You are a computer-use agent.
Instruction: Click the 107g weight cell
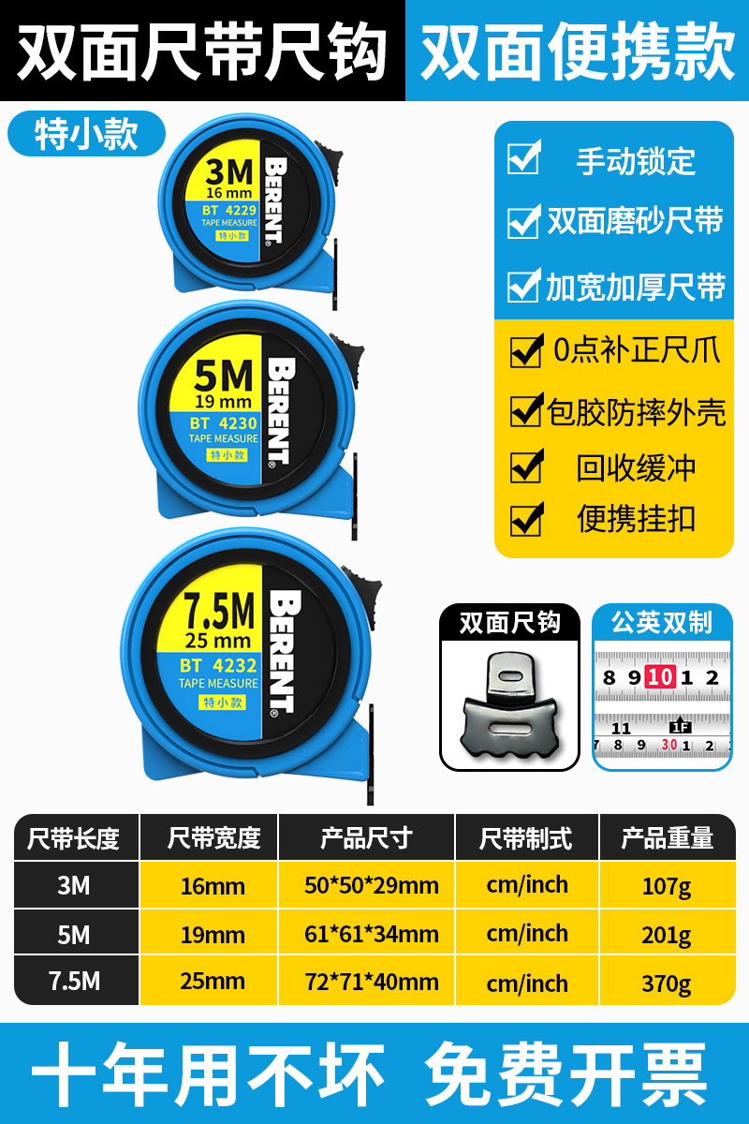pyautogui.click(x=667, y=885)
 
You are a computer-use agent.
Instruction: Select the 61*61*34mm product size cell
pyautogui.click(x=372, y=934)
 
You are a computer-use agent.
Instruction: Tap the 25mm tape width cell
pyautogui.click(x=213, y=982)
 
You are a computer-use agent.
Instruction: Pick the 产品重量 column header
pyautogui.click(x=667, y=837)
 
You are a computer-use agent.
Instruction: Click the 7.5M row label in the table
pyautogui.click(x=74, y=982)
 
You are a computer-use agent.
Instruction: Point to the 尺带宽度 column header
pyautogui.click(x=213, y=837)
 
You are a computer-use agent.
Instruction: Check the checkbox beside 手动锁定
pyautogui.click(x=523, y=158)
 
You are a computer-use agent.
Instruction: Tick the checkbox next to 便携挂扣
pyautogui.click(x=526, y=519)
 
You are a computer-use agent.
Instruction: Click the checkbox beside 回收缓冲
pyautogui.click(x=526, y=466)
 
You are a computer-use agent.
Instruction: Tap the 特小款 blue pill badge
pyautogui.click(x=86, y=133)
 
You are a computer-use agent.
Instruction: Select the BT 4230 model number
pyautogui.click(x=223, y=423)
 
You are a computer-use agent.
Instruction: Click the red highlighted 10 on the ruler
pyautogui.click(x=660, y=677)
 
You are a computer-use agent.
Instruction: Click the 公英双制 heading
pyautogui.click(x=662, y=623)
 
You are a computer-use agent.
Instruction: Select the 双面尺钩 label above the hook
pyautogui.click(x=509, y=623)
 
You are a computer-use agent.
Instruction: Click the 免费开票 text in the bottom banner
pyautogui.click(x=565, y=1073)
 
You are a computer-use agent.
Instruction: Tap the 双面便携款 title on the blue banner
pyautogui.click(x=577, y=52)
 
